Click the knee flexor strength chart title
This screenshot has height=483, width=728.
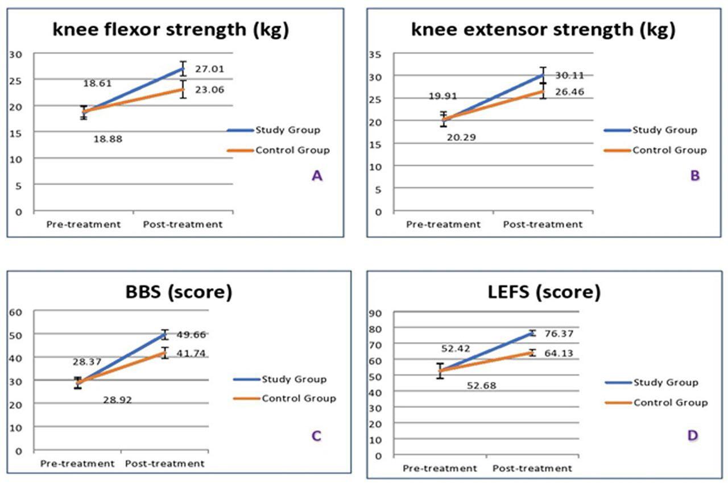tap(171, 30)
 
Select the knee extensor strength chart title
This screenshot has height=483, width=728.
tap(543, 30)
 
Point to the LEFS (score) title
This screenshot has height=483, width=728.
tap(544, 293)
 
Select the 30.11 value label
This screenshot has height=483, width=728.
tap(569, 76)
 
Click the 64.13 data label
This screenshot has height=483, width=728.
tap(557, 353)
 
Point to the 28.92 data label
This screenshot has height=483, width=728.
tap(118, 399)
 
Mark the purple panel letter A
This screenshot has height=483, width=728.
tap(317, 176)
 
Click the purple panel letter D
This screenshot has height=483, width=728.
tap(692, 436)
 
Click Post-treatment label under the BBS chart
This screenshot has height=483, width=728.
tap(164, 464)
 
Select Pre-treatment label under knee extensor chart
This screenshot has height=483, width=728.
tap(443, 224)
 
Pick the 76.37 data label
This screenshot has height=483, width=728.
tap(557, 334)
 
